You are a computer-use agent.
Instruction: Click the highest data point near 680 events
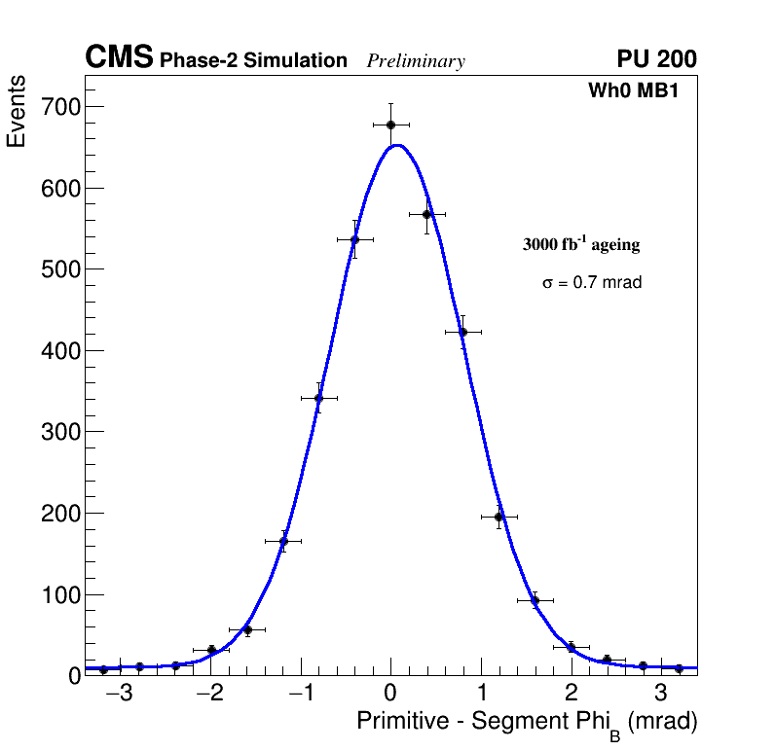[390, 125]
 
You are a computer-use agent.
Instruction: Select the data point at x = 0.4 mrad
[426, 214]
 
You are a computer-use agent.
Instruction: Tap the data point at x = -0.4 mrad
[354, 239]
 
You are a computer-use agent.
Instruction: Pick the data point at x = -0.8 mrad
[318, 398]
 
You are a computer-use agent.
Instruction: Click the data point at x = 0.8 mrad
[462, 332]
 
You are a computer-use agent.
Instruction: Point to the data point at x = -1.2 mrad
[283, 541]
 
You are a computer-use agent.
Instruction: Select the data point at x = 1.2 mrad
[498, 517]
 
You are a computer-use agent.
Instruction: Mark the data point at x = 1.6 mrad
[535, 600]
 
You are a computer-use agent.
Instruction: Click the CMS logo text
[119, 58]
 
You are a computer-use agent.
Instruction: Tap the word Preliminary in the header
[416, 61]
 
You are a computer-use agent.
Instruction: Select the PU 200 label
[656, 59]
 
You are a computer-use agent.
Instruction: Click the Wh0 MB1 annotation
[632, 91]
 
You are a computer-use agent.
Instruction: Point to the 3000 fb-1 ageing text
[581, 244]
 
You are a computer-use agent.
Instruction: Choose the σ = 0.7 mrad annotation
[592, 283]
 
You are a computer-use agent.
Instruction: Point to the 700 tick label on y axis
[58, 106]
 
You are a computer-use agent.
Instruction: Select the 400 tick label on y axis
[58, 350]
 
